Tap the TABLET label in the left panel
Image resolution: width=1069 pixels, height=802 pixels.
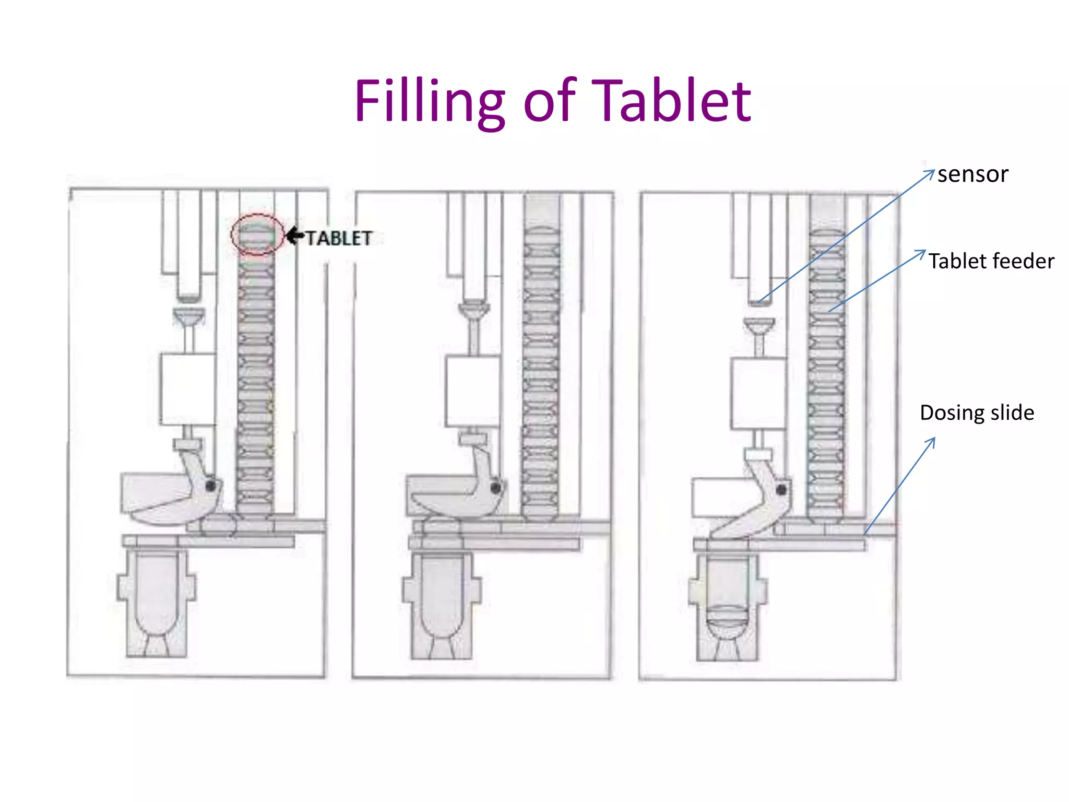pyautogui.click(x=339, y=239)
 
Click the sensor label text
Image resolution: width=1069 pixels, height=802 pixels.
pyautogui.click(x=972, y=174)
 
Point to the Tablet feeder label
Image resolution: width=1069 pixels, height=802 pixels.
pyautogui.click(x=991, y=261)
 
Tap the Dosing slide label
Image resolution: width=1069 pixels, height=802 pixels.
pyautogui.click(x=977, y=412)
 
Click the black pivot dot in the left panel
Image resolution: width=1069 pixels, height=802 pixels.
pyautogui.click(x=210, y=486)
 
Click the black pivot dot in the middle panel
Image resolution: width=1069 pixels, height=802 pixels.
pyautogui.click(x=495, y=488)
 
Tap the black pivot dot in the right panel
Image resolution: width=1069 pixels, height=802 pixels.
pyautogui.click(x=781, y=490)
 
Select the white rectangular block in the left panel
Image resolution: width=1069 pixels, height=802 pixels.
pyautogui.click(x=188, y=389)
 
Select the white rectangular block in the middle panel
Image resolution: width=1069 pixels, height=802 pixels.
pyautogui.click(x=473, y=391)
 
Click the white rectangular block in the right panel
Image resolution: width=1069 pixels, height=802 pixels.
pyautogui.click(x=758, y=393)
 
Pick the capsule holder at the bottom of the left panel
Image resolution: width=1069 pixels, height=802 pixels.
pyautogui.click(x=157, y=600)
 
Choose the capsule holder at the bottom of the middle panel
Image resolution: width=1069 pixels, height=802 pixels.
pyautogui.click(x=442, y=603)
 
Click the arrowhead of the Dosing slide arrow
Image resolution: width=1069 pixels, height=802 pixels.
pyautogui.click(x=932, y=441)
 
